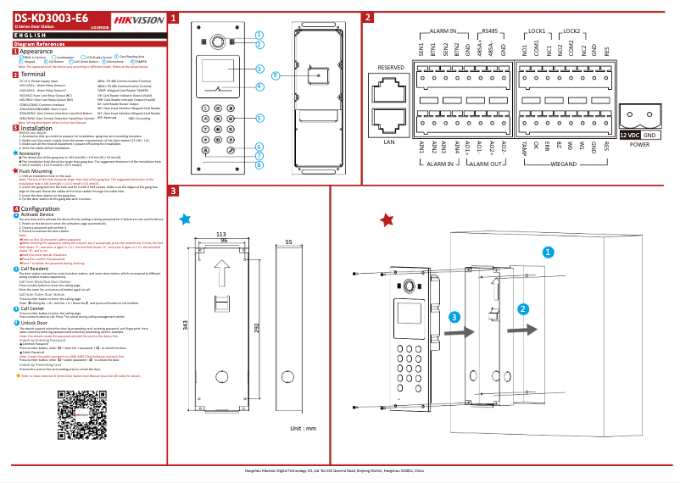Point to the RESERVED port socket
(390, 87)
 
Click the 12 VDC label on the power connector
(629, 135)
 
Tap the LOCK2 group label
(571, 30)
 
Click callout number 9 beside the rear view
(276, 75)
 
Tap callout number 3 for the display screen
(258, 69)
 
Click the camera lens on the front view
(217, 41)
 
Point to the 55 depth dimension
(289, 242)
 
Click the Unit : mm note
(303, 429)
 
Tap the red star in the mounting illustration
(387, 220)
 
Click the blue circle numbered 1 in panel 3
(548, 252)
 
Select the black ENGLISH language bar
(85, 34)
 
